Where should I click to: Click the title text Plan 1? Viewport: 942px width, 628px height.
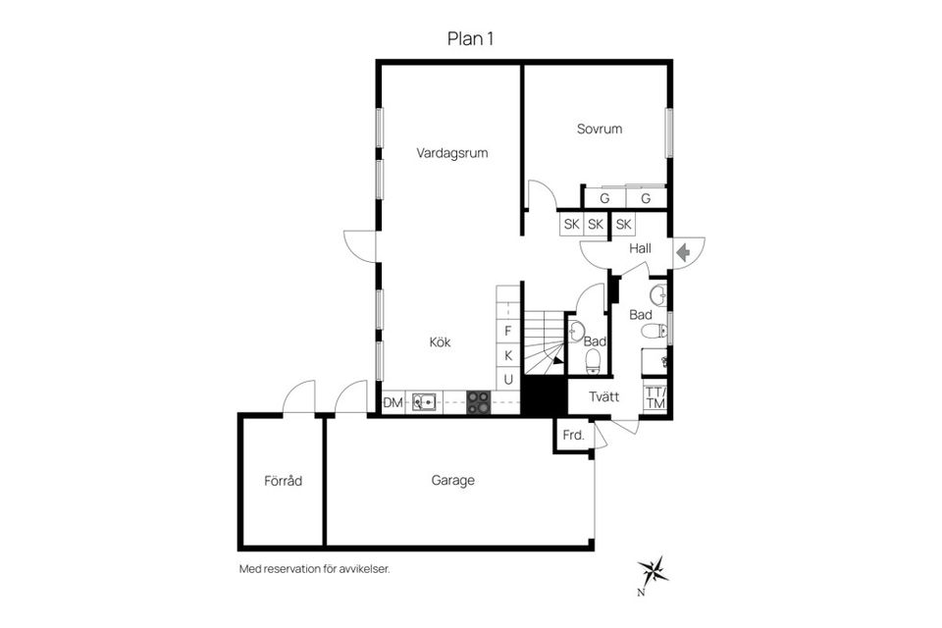tap(469, 38)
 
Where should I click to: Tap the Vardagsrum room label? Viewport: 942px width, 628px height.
tap(451, 153)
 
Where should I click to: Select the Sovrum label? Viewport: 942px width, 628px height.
tap(599, 129)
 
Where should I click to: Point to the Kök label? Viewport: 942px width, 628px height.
tap(441, 342)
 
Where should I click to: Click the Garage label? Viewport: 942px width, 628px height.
tap(452, 481)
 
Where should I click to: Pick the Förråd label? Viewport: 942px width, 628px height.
tap(283, 481)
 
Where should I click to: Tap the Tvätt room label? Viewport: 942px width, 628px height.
tap(604, 396)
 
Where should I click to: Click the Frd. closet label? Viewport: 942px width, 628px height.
tap(573, 435)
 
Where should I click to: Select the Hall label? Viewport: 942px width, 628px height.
tap(641, 249)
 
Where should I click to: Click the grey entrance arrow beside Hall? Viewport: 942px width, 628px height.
tap(683, 251)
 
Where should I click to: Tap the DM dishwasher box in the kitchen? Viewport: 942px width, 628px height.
tap(392, 402)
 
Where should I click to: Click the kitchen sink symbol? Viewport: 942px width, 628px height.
tap(425, 401)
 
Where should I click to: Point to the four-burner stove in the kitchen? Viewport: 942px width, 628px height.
tap(479, 401)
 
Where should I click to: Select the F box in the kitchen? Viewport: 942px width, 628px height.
tap(508, 331)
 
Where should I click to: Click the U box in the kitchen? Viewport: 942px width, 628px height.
tap(508, 379)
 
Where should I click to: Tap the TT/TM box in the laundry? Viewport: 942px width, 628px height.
tap(655, 398)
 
